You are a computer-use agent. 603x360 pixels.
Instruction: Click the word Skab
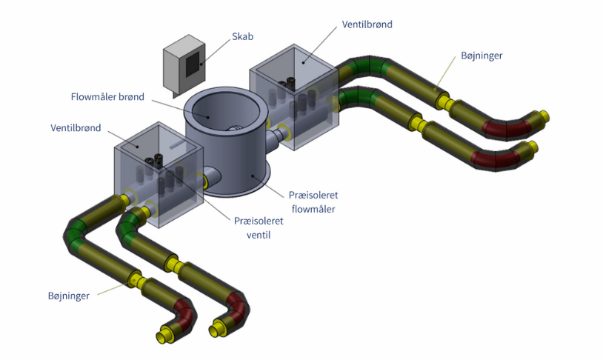(x=242, y=36)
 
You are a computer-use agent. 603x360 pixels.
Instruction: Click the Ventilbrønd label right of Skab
(x=367, y=24)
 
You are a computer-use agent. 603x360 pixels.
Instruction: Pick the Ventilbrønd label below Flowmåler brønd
(x=76, y=127)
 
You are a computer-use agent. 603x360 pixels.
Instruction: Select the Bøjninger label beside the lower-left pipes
(x=66, y=296)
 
